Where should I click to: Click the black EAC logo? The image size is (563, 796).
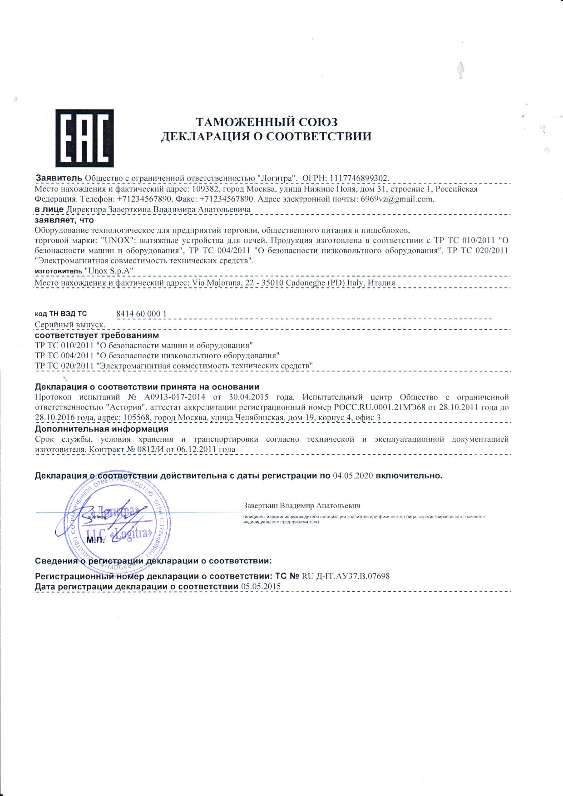(x=84, y=138)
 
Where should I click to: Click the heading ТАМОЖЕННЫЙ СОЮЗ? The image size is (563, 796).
(x=267, y=122)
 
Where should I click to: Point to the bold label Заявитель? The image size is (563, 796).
(x=59, y=177)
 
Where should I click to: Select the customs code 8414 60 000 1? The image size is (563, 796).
(x=141, y=314)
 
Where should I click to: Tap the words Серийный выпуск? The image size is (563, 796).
(x=70, y=325)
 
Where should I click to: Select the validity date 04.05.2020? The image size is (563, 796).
(x=353, y=476)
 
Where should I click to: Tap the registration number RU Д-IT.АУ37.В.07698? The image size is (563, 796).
(x=346, y=576)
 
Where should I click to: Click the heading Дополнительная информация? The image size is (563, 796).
(x=102, y=429)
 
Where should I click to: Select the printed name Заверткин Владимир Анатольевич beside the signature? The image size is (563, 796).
(x=301, y=505)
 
